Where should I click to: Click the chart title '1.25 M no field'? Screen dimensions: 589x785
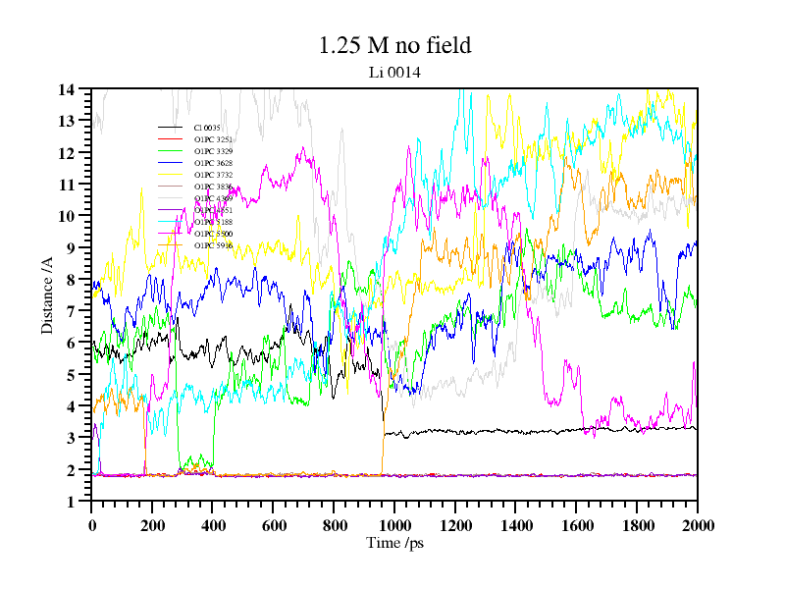(394, 45)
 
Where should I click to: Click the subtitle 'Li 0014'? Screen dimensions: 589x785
(394, 71)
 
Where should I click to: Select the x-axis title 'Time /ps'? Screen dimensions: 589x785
(394, 543)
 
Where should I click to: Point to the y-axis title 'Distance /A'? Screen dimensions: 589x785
(47, 295)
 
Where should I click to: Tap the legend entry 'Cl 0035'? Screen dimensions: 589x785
(207, 128)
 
